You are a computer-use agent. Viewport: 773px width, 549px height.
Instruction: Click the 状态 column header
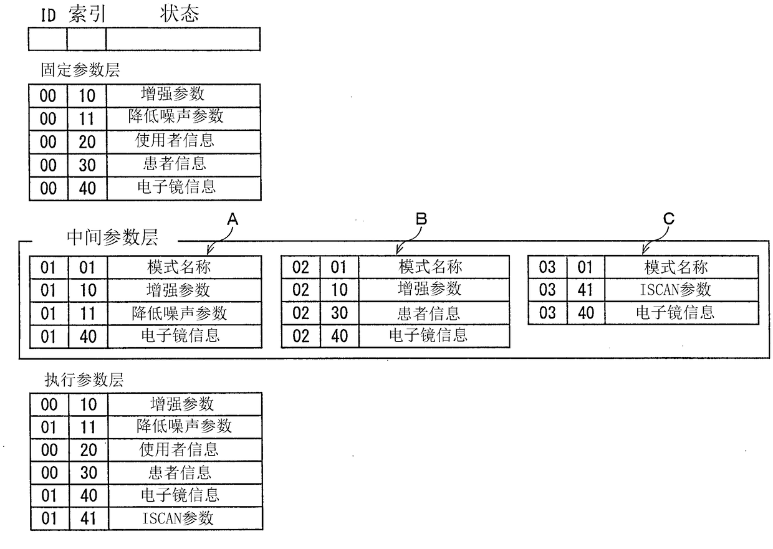click(180, 14)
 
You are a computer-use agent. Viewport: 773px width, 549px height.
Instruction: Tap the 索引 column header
click(87, 14)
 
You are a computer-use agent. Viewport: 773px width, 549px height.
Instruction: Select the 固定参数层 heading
click(80, 70)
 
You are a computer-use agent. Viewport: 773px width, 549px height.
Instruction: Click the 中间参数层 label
click(112, 237)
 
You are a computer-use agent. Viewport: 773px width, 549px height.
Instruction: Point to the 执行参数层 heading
click(84, 380)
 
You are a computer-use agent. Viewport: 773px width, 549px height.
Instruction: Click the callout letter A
click(233, 219)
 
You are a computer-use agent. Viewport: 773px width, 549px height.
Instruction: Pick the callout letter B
click(421, 219)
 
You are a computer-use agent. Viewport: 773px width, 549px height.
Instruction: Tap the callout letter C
click(669, 219)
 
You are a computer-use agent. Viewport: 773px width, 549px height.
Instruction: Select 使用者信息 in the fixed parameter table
click(175, 140)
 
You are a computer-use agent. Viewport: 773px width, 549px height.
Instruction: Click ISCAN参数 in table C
click(675, 289)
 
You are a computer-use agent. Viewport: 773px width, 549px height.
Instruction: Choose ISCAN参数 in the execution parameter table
click(178, 518)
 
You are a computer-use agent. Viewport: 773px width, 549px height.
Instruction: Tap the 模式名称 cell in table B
click(430, 267)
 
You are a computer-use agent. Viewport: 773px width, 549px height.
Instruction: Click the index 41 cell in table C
click(585, 290)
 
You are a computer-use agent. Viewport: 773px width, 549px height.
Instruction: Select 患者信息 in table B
click(429, 313)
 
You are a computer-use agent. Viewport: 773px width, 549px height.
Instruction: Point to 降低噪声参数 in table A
click(180, 313)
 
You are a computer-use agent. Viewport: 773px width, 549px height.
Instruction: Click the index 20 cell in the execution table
click(89, 450)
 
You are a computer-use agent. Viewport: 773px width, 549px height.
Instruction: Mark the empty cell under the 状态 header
click(183, 39)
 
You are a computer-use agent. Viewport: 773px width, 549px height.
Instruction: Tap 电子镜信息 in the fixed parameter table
click(176, 187)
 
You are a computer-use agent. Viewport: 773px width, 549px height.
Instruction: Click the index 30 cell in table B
click(340, 313)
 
